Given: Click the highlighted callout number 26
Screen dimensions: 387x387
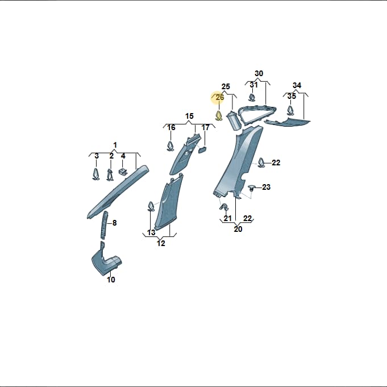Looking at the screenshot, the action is pyautogui.click(x=220, y=98).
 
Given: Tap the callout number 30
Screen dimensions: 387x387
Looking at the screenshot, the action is pyautogui.click(x=259, y=73).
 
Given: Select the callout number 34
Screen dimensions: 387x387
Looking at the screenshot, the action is pyautogui.click(x=297, y=85).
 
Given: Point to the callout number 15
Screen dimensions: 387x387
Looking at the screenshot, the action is pyautogui.click(x=189, y=116).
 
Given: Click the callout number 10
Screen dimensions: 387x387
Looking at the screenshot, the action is pyautogui.click(x=111, y=280).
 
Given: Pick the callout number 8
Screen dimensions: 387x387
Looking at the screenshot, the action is pyautogui.click(x=114, y=223).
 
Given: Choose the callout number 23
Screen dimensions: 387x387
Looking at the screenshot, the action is pyautogui.click(x=266, y=187).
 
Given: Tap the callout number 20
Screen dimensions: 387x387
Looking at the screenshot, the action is pyautogui.click(x=238, y=229).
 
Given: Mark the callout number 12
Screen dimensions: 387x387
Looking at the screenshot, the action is pyautogui.click(x=161, y=243).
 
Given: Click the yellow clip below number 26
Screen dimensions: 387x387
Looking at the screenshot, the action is pyautogui.click(x=219, y=116).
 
